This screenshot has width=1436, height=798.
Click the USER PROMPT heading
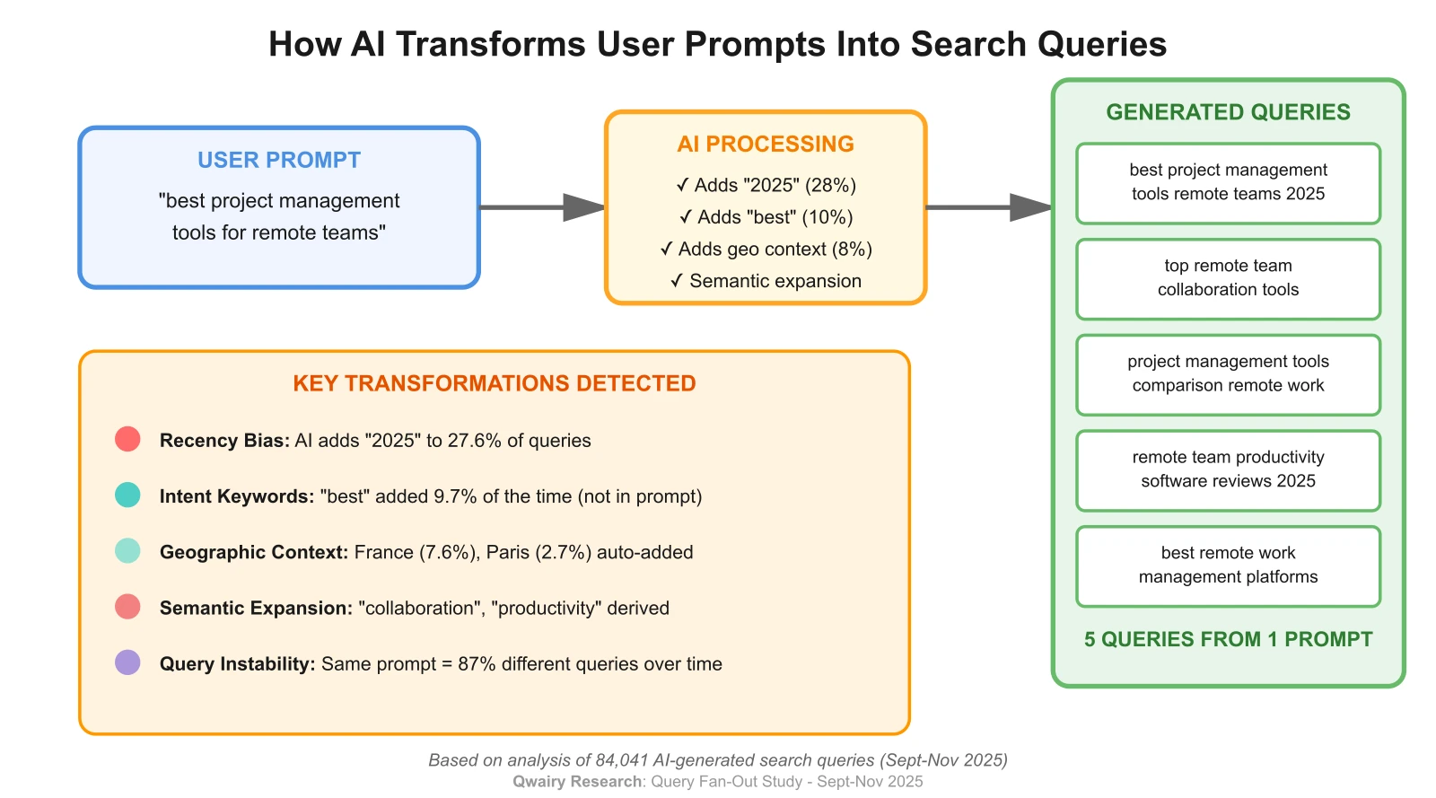279,160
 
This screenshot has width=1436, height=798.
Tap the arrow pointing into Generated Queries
987,207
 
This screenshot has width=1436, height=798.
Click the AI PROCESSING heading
766,144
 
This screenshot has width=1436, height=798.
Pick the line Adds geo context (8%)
766,250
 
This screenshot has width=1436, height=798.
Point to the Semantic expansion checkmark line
766,281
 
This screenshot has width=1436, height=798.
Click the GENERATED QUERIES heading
1228,112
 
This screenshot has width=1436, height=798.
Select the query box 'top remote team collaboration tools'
1228,278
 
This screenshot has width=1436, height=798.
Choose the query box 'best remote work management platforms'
1228,566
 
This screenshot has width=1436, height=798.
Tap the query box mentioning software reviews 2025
1228,469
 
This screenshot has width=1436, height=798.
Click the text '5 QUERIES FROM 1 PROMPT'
1228,639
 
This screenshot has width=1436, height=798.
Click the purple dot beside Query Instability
127,662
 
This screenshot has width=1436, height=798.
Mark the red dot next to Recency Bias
127,439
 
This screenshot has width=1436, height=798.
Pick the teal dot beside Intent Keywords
127,495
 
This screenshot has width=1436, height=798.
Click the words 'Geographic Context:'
254,552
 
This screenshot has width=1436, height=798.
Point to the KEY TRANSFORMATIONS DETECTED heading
495,383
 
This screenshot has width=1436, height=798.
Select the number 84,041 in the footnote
621,760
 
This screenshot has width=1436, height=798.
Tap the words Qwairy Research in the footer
577,782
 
